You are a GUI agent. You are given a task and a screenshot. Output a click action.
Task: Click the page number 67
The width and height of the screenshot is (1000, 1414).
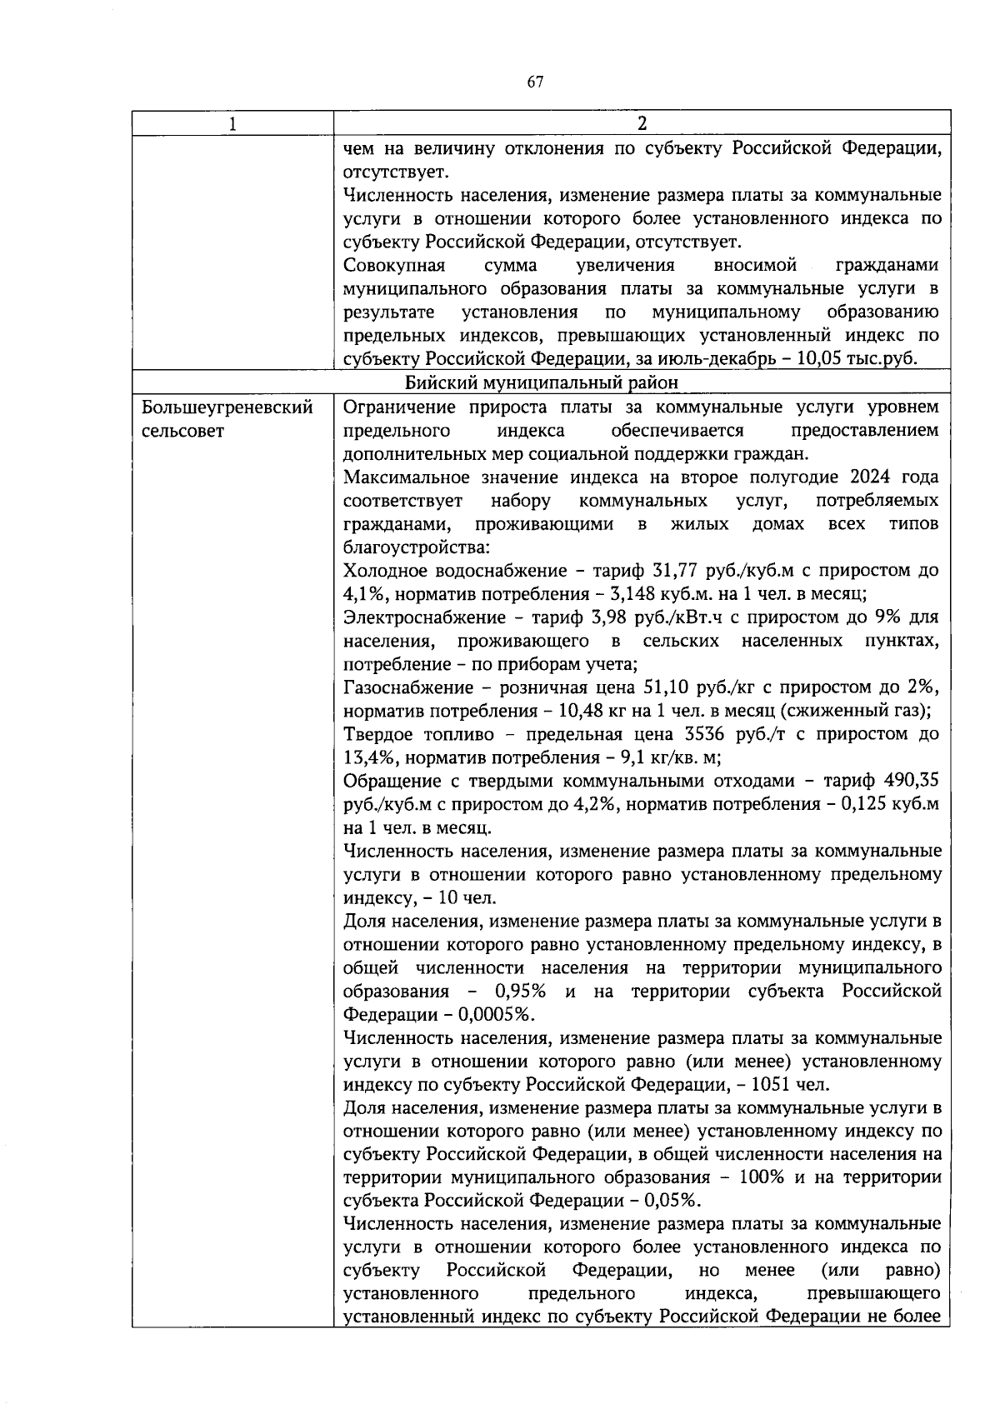[535, 82]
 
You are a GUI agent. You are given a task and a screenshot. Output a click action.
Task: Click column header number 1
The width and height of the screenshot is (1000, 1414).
[232, 124]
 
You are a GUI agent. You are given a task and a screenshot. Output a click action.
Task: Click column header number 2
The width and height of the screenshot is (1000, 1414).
[642, 124]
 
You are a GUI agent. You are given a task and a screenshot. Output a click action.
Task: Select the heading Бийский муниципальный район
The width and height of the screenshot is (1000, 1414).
[542, 382]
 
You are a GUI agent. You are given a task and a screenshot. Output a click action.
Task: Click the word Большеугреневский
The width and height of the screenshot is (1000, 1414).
[227, 407]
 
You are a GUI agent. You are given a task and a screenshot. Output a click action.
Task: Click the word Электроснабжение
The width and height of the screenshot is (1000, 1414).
[413, 618]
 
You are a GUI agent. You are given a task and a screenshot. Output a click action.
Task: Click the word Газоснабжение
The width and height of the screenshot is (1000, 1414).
[402, 688]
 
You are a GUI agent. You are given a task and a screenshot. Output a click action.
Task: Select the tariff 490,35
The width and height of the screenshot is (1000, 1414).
[914, 782]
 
